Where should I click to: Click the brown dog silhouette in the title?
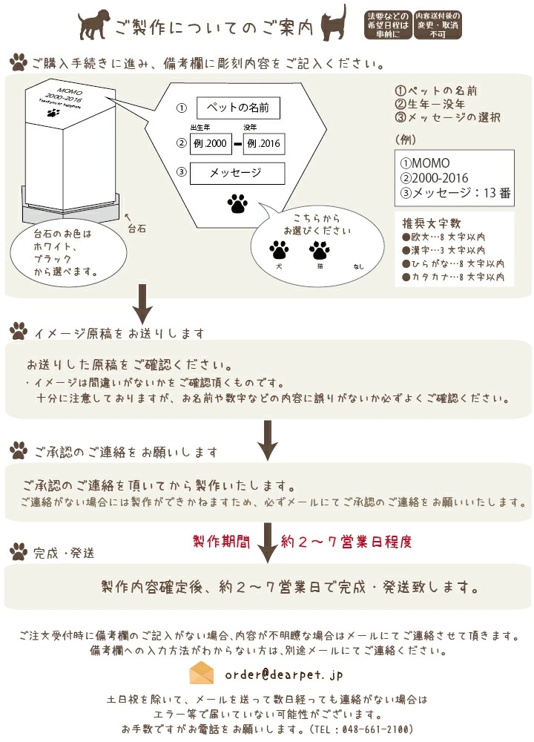point(94,24)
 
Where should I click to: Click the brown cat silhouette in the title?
point(334,23)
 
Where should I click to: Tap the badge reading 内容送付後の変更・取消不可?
point(437,24)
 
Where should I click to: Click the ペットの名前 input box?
point(238,108)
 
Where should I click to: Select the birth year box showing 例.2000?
point(211,143)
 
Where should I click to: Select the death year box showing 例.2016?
point(264,143)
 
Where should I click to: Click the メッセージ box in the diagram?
point(237,173)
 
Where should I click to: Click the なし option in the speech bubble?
point(359,266)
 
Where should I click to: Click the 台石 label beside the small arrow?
point(136,229)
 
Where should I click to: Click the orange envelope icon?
point(202,674)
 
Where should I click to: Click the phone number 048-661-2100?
point(371,729)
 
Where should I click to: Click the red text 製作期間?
point(221,541)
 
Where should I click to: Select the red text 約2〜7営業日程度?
point(346,541)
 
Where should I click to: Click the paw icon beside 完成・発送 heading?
point(19,551)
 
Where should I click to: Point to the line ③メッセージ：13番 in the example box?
point(455,194)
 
